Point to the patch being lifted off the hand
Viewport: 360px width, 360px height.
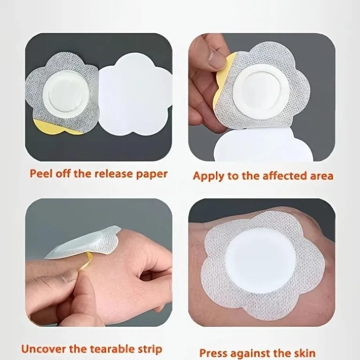coord(85,244)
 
